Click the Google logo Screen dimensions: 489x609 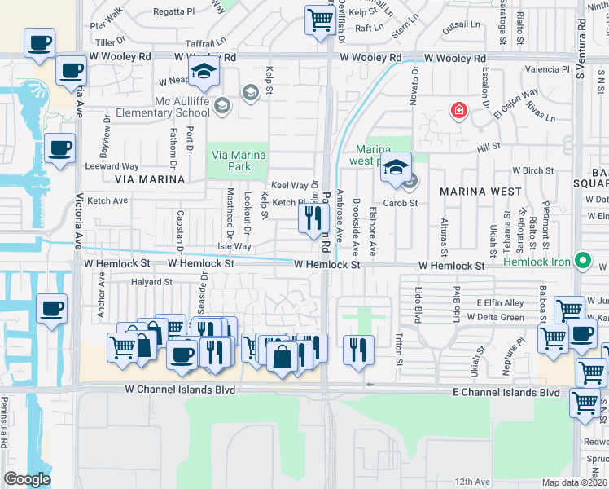click(27, 478)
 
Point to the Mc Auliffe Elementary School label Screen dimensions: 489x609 click(162, 107)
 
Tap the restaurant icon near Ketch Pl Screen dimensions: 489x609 click(312, 218)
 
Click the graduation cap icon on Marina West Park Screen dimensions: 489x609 click(396, 168)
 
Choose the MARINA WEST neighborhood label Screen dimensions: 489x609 click(481, 191)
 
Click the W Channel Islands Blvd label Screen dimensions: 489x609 click(180, 390)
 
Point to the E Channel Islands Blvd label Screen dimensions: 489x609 click(506, 393)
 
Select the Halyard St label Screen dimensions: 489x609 click(151, 282)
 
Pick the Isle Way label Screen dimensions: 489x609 click(234, 246)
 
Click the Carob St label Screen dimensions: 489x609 click(401, 203)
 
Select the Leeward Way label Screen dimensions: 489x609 click(112, 166)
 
